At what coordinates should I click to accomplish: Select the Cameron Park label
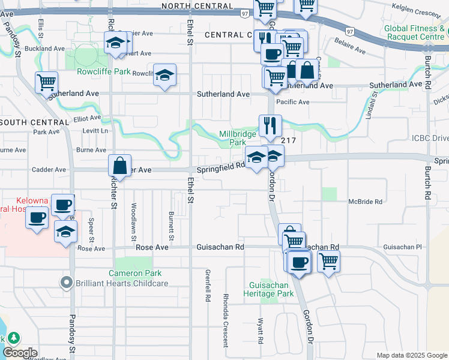click(135, 273)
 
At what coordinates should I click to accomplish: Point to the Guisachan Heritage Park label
click(268, 289)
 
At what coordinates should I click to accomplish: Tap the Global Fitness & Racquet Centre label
click(415, 32)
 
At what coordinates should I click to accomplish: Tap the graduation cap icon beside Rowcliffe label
click(164, 76)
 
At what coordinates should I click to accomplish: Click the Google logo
click(20, 353)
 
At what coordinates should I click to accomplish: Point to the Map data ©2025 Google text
click(412, 355)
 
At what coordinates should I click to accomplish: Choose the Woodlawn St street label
click(134, 220)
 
